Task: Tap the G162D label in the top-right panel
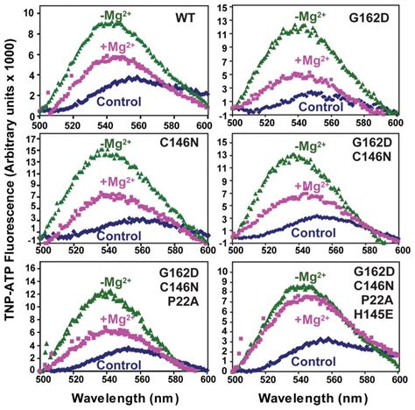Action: [376, 17]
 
